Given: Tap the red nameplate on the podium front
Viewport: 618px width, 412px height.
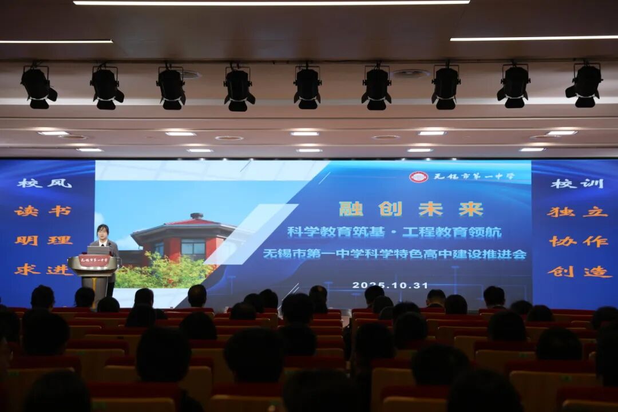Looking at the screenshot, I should click(94, 261).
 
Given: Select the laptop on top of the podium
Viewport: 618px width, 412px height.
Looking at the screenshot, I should click(98, 250).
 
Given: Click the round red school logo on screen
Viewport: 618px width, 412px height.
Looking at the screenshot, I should click(418, 177).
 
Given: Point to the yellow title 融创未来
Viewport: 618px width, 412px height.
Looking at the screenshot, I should click(410, 209).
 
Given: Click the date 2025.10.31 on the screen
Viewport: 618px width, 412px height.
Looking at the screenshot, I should click(390, 285).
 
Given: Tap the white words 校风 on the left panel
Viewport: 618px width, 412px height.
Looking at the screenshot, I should click(44, 183).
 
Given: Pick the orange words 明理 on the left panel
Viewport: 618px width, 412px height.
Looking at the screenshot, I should click(43, 240).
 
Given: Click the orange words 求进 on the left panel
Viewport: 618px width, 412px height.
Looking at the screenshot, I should click(43, 269).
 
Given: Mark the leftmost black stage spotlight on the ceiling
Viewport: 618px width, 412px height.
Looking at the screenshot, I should click(38, 87).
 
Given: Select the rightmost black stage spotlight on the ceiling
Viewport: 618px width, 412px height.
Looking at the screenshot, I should click(584, 86).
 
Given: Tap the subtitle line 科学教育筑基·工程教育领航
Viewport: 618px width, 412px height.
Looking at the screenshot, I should click(394, 232).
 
